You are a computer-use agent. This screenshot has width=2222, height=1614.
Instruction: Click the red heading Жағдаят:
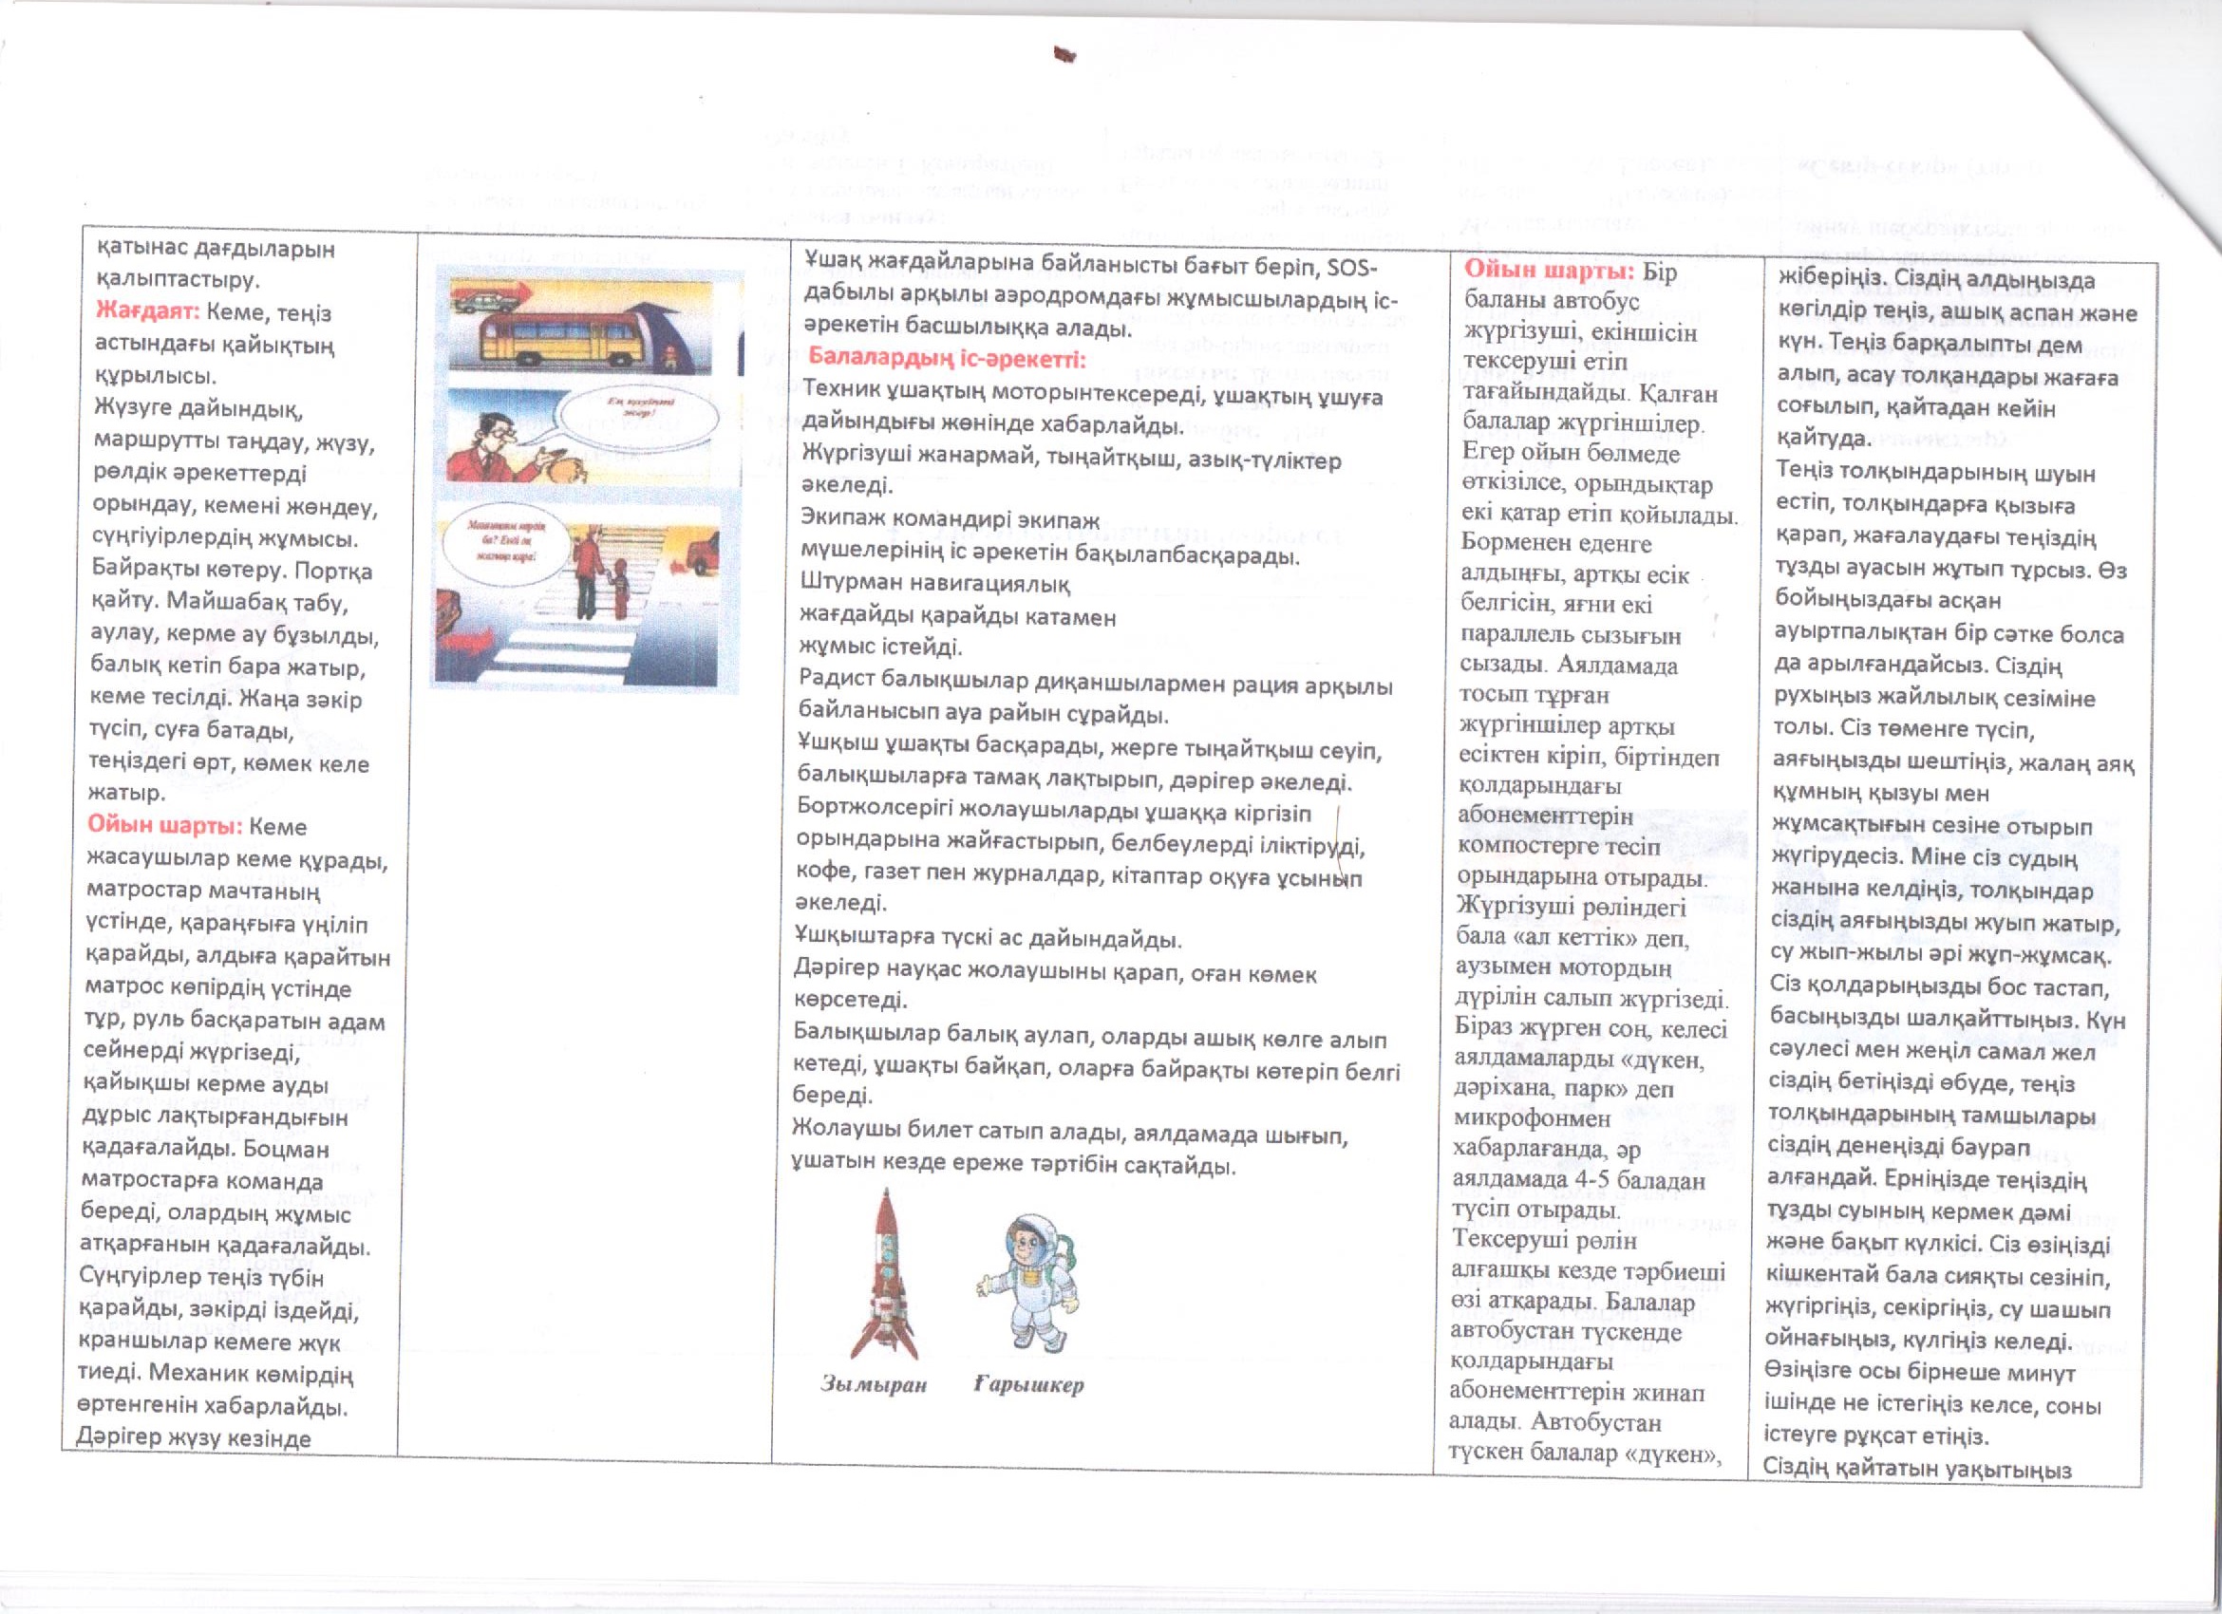147,312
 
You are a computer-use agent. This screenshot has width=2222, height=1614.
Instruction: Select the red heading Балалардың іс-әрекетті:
947,359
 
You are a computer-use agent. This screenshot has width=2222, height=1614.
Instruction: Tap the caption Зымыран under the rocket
873,1385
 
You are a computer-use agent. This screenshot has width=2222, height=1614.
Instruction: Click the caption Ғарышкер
1028,1385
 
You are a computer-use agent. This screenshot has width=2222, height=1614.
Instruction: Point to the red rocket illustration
884,1273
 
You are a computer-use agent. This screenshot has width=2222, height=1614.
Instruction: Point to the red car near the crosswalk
700,560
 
